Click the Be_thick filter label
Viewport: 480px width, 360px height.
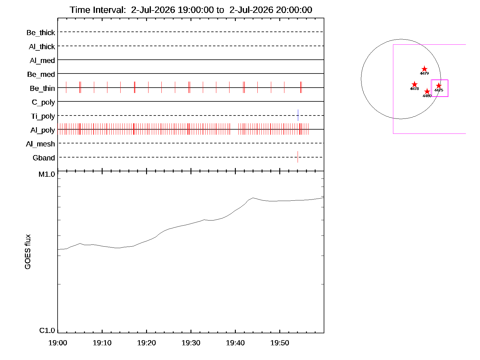tap(41, 33)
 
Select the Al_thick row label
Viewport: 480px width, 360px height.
tap(42, 46)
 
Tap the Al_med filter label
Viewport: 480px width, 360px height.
tap(42, 60)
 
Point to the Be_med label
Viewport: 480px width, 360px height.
tap(41, 74)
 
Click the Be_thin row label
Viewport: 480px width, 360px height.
tap(42, 88)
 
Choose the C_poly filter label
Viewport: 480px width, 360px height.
tap(43, 102)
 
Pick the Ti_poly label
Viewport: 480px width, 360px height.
tap(43, 116)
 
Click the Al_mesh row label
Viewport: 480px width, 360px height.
tap(40, 144)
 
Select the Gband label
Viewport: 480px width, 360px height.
tap(44, 158)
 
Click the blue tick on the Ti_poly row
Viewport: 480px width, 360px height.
tap(298, 115)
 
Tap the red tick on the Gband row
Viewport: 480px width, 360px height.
tap(298, 157)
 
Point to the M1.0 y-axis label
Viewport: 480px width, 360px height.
tap(46, 174)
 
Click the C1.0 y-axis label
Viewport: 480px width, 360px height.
tap(47, 330)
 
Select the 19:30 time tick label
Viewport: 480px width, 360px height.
tap(191, 343)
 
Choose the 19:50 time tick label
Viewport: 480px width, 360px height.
tap(280, 343)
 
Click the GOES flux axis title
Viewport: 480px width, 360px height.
tap(28, 252)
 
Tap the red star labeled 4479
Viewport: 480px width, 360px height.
tap(424, 69)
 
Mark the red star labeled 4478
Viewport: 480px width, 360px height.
tap(414, 84)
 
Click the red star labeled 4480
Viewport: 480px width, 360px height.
tap(427, 91)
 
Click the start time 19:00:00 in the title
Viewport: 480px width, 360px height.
tap(196, 10)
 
